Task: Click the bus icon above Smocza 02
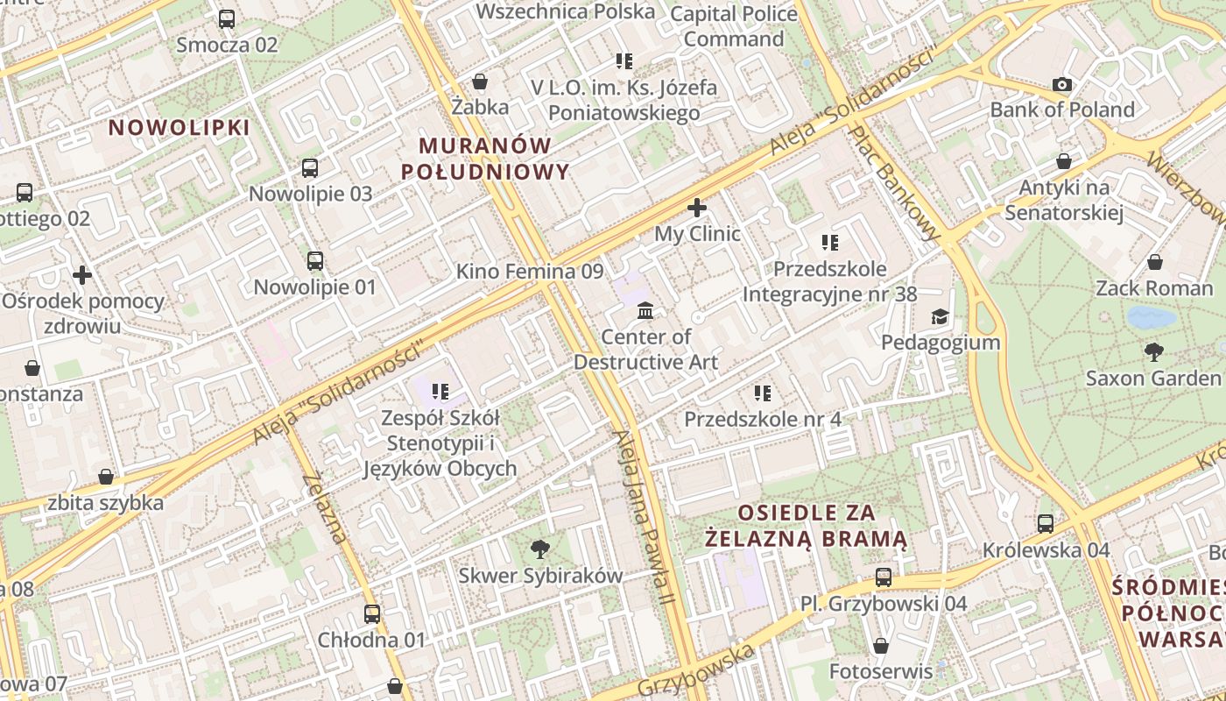click(227, 18)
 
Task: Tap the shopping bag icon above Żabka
click(480, 81)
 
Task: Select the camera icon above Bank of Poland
click(1062, 84)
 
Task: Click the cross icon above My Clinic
click(697, 208)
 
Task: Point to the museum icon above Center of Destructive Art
click(645, 310)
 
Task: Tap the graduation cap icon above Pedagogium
click(940, 316)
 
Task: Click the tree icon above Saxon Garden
click(1153, 352)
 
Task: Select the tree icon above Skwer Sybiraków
click(540, 549)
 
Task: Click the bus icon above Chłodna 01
click(372, 613)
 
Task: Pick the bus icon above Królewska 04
click(1046, 524)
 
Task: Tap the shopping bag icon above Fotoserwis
click(881, 646)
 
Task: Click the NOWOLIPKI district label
click(180, 127)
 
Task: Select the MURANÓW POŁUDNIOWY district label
click(485, 159)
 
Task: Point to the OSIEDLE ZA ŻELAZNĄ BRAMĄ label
click(807, 525)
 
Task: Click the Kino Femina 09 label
click(530, 272)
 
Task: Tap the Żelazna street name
click(324, 507)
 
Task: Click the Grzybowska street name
click(695, 670)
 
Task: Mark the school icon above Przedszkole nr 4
click(763, 393)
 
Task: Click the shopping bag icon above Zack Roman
click(1155, 262)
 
